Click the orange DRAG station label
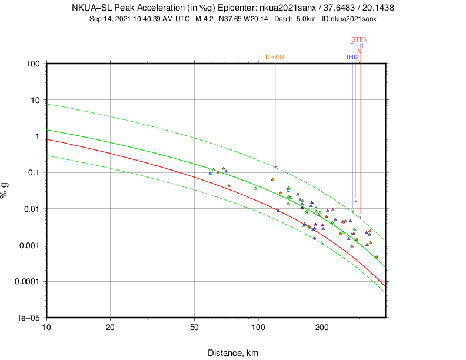click(x=275, y=57)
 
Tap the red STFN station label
click(x=359, y=39)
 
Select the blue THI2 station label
click(x=352, y=57)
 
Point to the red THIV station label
click(x=355, y=51)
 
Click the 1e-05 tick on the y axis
click(x=29, y=318)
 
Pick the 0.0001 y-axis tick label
click(x=26, y=281)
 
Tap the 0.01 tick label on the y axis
click(x=31, y=209)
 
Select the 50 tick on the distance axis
click(x=194, y=326)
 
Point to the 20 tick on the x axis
click(x=110, y=326)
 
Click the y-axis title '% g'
click(x=7, y=190)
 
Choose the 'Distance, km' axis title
click(x=233, y=353)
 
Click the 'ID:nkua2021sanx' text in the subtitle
click(x=349, y=19)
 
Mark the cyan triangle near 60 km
click(x=210, y=174)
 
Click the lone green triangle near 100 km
click(x=255, y=188)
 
